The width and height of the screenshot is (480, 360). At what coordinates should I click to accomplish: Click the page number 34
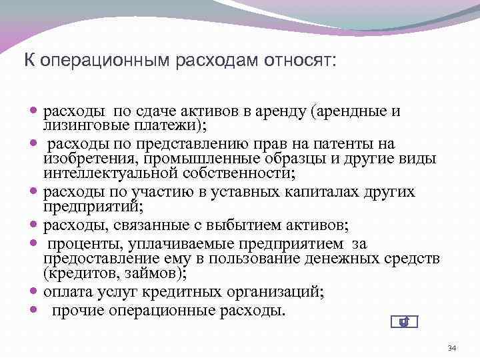click(x=451, y=348)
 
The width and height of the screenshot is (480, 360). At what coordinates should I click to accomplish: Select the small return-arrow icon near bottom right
click(x=403, y=323)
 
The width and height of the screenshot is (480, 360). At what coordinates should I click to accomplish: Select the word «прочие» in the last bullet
click(x=75, y=310)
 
